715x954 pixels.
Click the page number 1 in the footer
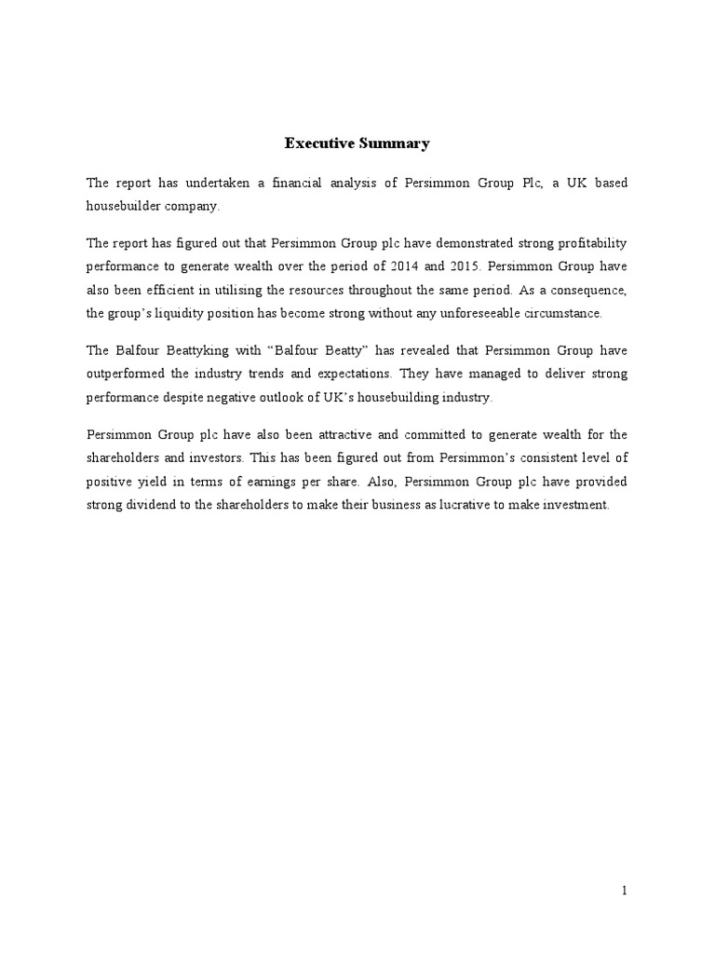(625, 892)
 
